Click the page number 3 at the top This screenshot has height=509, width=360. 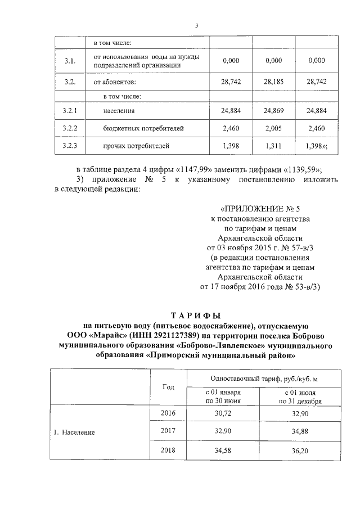coord(196,25)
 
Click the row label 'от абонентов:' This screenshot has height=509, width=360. coord(115,82)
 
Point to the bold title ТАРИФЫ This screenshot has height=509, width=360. coord(196,315)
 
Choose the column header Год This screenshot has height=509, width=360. coord(168,387)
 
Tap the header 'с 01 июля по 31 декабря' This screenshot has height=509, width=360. coord(300,397)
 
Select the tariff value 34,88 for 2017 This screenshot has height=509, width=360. coord(300,431)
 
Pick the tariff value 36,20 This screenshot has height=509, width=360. coord(300,451)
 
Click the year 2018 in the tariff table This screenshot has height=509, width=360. coord(168,451)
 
